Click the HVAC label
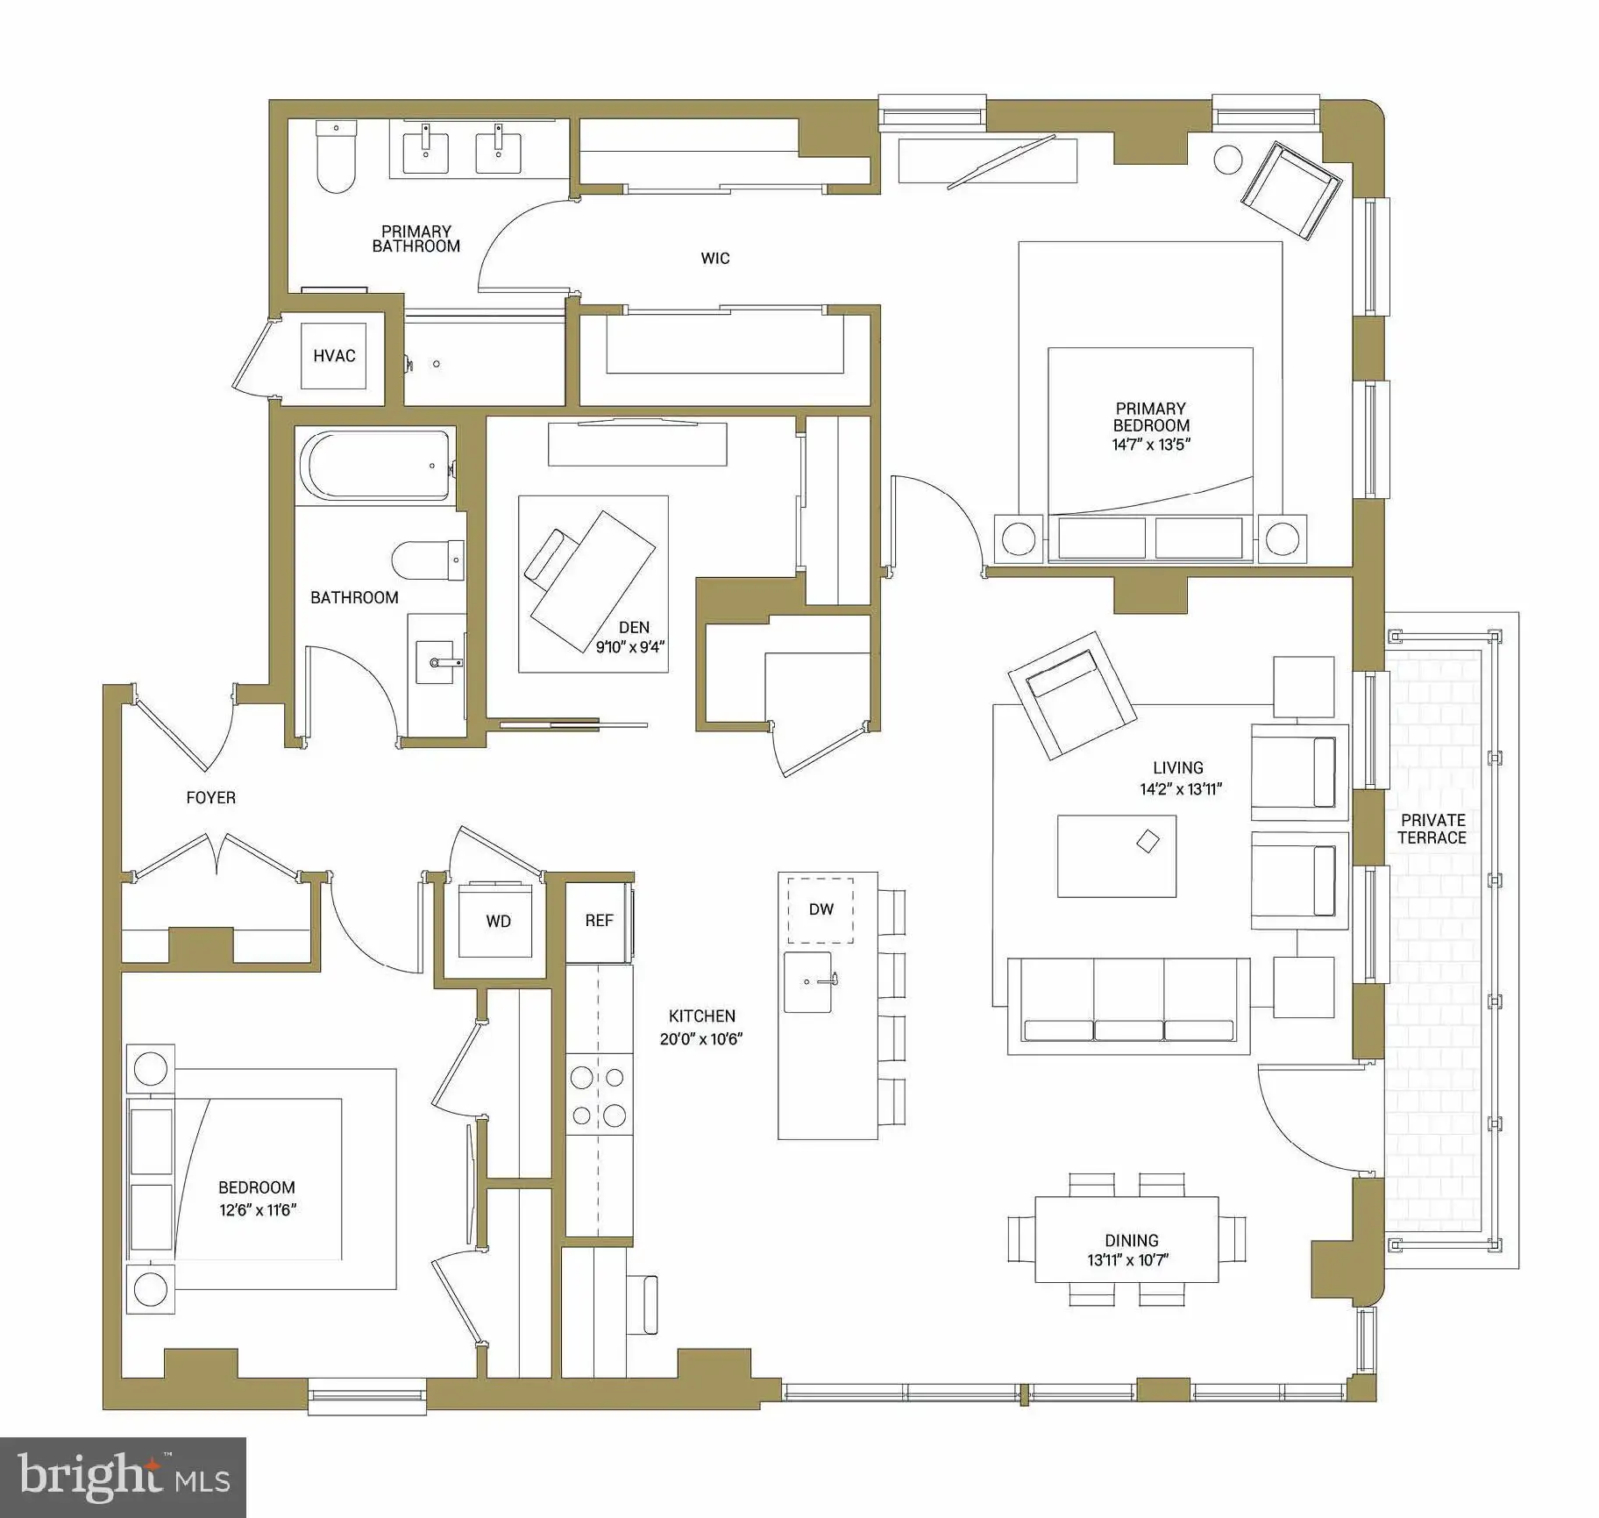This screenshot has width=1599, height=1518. [x=334, y=355]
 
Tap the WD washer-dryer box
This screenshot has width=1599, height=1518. [x=497, y=920]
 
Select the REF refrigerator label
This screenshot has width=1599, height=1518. [x=599, y=920]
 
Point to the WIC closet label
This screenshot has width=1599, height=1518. [x=714, y=258]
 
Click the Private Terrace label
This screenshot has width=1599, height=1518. [x=1432, y=829]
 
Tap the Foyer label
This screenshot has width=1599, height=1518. [x=210, y=797]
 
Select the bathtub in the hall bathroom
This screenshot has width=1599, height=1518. [x=377, y=465]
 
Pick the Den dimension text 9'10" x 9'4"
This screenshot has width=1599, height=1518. [x=630, y=648]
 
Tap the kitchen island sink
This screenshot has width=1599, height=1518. [x=807, y=981]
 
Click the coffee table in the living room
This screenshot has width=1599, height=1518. [x=1116, y=856]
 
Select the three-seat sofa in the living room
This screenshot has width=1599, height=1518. [x=1128, y=1006]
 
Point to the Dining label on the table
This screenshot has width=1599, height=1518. [x=1131, y=1240]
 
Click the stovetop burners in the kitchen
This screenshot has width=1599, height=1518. [x=599, y=1096]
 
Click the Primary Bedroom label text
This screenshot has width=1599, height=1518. [x=1150, y=417]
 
